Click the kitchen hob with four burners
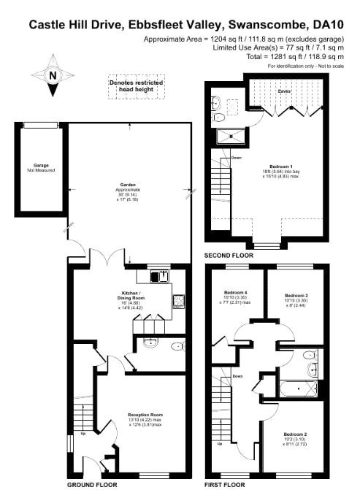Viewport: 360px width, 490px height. [x=177, y=299]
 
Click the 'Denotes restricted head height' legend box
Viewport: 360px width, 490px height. [x=136, y=85]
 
